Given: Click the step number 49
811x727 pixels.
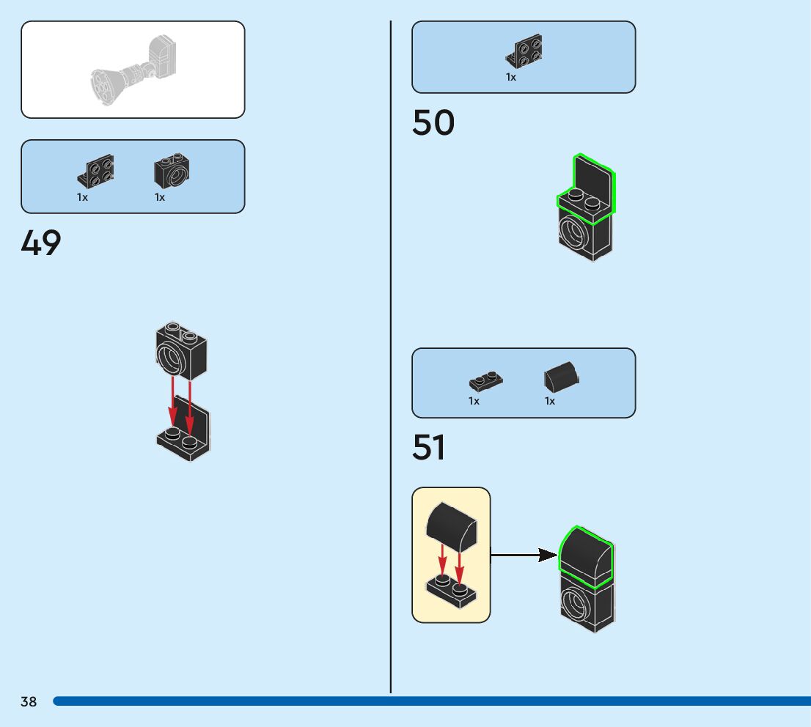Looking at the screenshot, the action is pyautogui.click(x=41, y=243).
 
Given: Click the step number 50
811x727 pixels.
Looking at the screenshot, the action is pyautogui.click(x=433, y=123).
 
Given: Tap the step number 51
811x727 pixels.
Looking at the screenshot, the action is pyautogui.click(x=428, y=448).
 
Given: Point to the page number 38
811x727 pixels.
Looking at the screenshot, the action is pyautogui.click(x=29, y=702).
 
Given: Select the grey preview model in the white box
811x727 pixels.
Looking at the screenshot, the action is pyautogui.click(x=133, y=70).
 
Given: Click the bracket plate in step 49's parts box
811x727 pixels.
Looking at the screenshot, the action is pyautogui.click(x=95, y=172).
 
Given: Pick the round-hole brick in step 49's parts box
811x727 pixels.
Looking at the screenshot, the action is pyautogui.click(x=172, y=171).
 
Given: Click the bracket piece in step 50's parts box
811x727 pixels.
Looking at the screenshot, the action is pyautogui.click(x=524, y=51).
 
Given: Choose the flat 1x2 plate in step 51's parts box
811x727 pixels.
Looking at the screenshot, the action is pyautogui.click(x=485, y=381).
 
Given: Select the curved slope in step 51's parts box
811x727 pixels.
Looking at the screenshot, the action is pyautogui.click(x=561, y=378).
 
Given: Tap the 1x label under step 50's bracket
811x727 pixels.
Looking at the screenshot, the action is pyautogui.click(x=511, y=77).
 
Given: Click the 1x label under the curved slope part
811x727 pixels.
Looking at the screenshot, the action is pyautogui.click(x=550, y=401).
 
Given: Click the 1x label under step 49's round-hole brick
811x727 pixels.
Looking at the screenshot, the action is pyautogui.click(x=160, y=197).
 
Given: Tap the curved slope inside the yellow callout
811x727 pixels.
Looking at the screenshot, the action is pyautogui.click(x=452, y=527).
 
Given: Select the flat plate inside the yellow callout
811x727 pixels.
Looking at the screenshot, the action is pyautogui.click(x=452, y=591).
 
